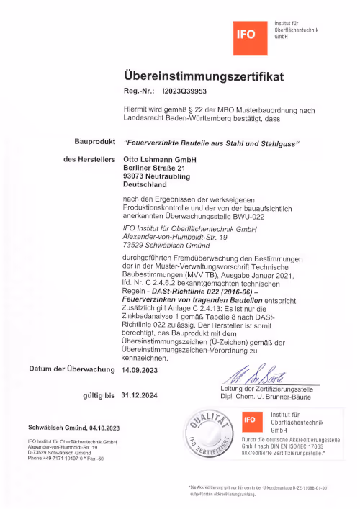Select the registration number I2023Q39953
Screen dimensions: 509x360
point(184,91)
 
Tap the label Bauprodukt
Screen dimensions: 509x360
point(95,142)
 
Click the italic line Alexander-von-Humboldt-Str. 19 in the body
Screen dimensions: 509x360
point(175,236)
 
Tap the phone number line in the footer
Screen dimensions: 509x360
point(66,459)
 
